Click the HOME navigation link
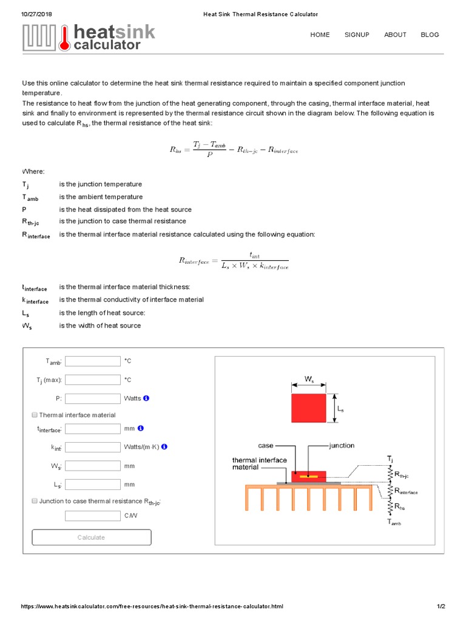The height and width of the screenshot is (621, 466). click(320, 35)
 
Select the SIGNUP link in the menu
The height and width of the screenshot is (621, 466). click(357, 35)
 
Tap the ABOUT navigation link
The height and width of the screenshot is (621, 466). click(395, 35)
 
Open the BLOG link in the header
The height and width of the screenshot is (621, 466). click(430, 35)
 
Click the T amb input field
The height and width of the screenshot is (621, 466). click(93, 361)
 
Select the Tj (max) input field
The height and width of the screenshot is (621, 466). click(93, 380)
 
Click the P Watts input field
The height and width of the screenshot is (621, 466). click(93, 399)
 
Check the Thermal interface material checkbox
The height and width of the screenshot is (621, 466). click(34, 415)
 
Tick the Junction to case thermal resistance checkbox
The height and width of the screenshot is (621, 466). click(34, 502)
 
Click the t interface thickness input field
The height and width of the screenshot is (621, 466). click(93, 429)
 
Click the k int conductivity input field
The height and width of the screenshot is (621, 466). click(93, 448)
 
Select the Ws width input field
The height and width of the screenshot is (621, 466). click(93, 466)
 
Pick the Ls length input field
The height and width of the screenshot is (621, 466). click(93, 485)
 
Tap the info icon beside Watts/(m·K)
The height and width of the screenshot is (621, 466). click(164, 447)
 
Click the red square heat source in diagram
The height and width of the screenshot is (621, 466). click(309, 408)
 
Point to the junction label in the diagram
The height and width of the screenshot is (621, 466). click(342, 446)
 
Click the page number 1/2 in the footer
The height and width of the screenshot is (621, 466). click(441, 606)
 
